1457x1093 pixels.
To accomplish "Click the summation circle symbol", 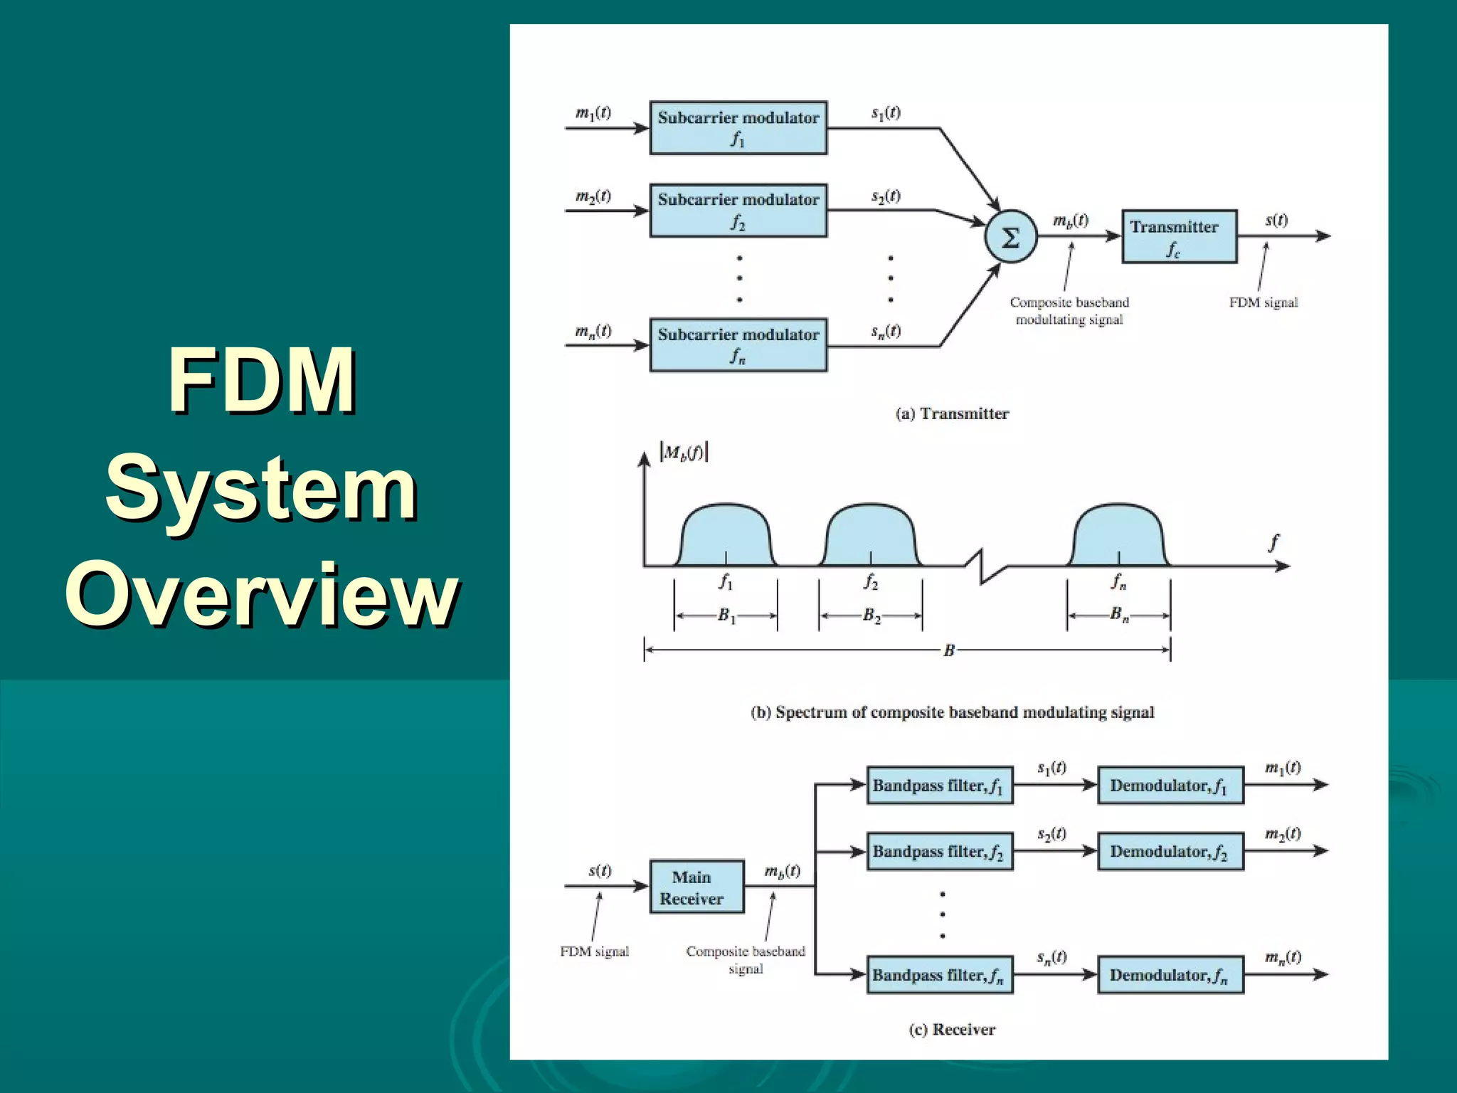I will point(1010,237).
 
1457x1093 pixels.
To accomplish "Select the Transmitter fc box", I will point(1179,237).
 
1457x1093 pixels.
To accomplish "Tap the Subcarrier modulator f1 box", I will point(738,128).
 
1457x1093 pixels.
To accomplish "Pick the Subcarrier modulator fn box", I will point(738,345).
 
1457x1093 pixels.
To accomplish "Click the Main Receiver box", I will point(696,887).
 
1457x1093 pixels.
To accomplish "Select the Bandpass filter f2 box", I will point(939,852).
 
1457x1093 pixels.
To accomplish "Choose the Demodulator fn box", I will point(1170,975).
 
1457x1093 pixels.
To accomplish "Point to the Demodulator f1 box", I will point(1170,786).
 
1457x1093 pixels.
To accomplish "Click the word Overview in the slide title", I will point(261,594).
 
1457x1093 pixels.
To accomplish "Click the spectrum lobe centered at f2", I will point(870,535).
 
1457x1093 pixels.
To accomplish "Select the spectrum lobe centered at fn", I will point(1118,535).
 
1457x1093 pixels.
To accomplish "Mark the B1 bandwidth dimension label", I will point(726,616).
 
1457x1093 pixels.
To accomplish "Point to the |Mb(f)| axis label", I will point(684,453).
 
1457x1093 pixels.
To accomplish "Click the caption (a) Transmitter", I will point(952,414).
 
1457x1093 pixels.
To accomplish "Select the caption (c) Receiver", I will point(952,1030).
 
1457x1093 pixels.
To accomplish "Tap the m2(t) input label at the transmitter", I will point(593,196).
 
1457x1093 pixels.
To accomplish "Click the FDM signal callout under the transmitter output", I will point(1263,302).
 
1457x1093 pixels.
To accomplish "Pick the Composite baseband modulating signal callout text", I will point(1069,311).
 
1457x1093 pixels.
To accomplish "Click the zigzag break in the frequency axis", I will point(985,567).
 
